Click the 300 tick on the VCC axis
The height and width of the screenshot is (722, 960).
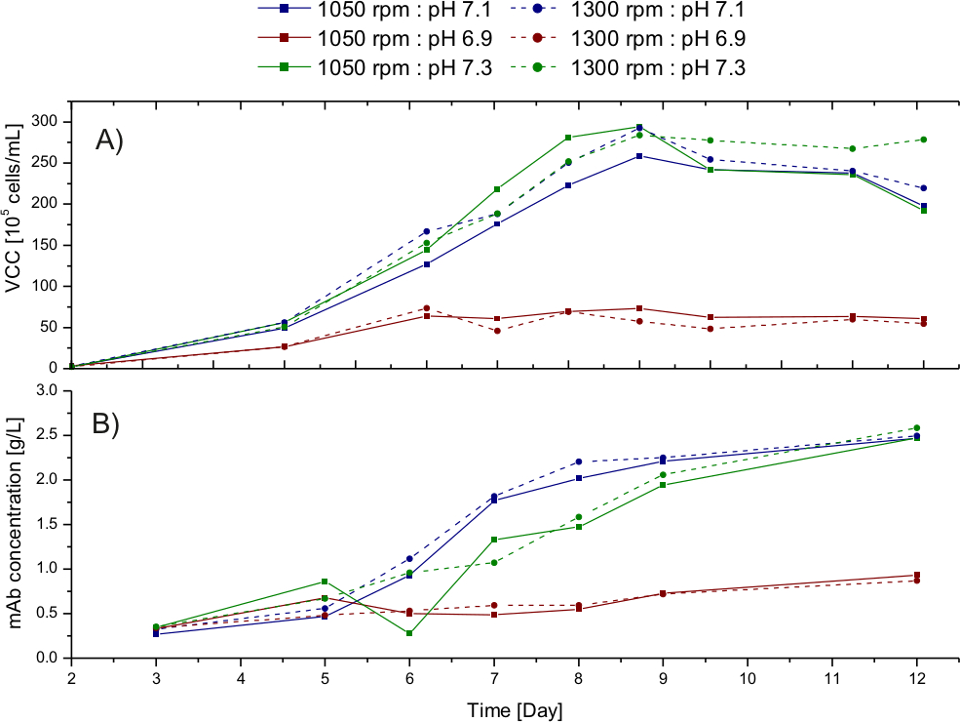45,122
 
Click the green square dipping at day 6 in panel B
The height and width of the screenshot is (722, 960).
409,633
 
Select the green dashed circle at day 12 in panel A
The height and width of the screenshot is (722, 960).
916,140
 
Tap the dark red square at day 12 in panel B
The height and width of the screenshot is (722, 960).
916,576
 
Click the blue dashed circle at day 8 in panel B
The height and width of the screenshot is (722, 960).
579,461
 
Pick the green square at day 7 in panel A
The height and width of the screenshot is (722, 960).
497,189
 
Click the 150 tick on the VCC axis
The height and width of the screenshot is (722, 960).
45,245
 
